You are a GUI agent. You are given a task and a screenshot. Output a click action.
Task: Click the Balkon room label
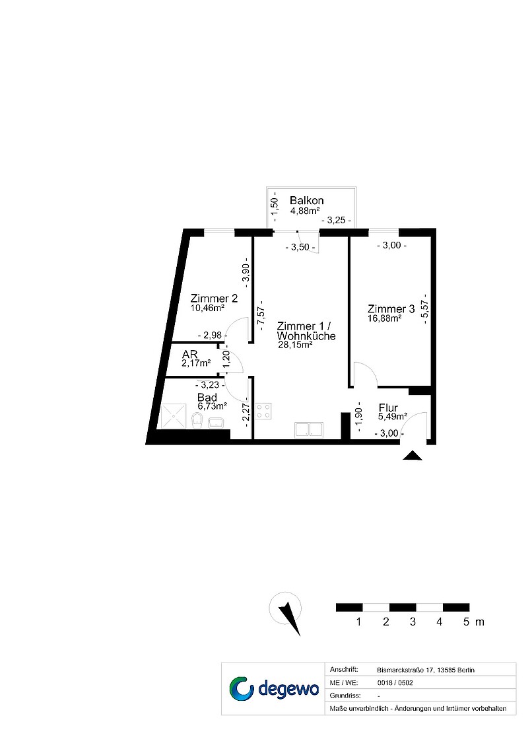click(306, 200)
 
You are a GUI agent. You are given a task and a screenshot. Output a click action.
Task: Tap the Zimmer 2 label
click(214, 298)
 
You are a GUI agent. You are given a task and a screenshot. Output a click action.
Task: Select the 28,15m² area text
click(296, 344)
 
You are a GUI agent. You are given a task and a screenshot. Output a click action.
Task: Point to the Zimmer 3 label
click(391, 308)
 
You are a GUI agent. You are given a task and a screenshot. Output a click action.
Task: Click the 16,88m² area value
click(385, 318)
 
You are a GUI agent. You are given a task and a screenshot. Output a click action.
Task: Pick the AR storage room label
click(190, 355)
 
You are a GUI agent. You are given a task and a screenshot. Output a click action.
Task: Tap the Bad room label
click(207, 397)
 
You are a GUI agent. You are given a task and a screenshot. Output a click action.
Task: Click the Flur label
click(388, 408)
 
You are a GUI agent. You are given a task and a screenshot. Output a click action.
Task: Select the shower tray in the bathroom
click(173, 415)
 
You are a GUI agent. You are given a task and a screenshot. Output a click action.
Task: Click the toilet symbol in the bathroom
click(197, 419)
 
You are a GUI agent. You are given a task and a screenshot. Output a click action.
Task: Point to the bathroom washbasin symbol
click(216, 422)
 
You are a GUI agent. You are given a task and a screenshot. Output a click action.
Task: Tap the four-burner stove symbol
click(263, 411)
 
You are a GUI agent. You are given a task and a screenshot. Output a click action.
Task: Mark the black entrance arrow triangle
click(412, 456)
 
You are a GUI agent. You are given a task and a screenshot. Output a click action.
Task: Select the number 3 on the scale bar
click(413, 622)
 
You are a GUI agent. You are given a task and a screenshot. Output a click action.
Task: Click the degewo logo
click(274, 689)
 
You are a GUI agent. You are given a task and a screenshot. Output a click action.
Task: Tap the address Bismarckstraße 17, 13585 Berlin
click(426, 670)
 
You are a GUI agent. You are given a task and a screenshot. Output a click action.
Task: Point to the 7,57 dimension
click(262, 316)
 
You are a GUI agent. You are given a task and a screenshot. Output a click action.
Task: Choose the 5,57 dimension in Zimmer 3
click(424, 309)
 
